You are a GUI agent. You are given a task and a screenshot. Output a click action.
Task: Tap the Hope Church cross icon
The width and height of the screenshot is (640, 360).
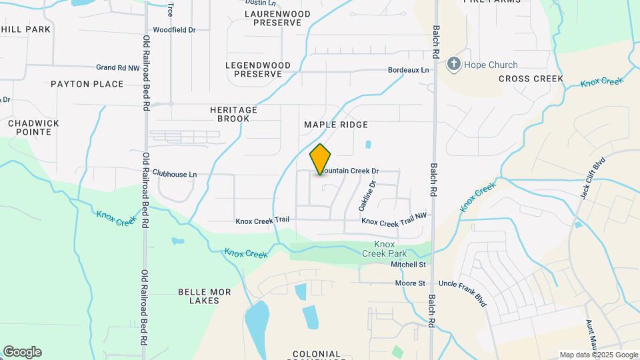click(454, 65)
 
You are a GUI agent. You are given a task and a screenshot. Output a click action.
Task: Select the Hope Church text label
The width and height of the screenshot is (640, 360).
click(491, 65)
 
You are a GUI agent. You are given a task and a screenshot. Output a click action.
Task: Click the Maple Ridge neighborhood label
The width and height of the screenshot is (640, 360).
click(336, 125)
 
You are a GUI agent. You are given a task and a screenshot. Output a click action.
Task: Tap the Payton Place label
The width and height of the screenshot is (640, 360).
click(87, 84)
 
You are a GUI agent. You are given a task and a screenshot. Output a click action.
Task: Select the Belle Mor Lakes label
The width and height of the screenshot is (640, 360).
click(199, 296)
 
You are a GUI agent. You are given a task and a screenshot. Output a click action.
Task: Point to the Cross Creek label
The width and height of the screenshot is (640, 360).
click(531, 79)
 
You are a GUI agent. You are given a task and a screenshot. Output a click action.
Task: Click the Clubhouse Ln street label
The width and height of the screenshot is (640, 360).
click(175, 174)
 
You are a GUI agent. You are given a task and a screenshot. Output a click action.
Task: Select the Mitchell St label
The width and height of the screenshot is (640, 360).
click(408, 265)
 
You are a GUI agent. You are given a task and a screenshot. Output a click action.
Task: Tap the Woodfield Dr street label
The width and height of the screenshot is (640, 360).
click(174, 30)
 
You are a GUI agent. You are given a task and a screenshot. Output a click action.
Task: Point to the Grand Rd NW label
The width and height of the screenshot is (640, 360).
click(118, 67)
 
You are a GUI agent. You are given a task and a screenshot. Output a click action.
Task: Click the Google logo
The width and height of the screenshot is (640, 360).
click(22, 352)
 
